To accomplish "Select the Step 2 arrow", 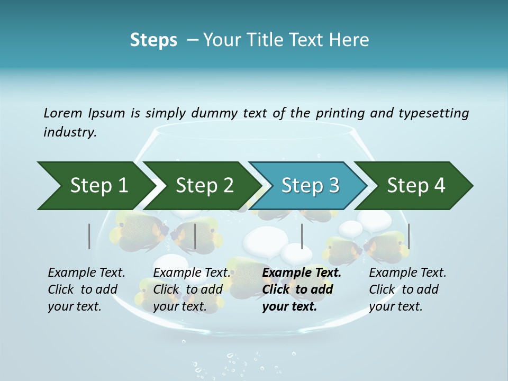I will tap(204, 186).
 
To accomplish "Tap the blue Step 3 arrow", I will tap(310, 186).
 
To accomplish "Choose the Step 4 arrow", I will tap(416, 186).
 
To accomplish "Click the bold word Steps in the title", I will tap(153, 40).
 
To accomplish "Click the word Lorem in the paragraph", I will tap(63, 113).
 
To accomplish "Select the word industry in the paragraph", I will tap(69, 132).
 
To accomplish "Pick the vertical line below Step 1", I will tap(89, 236).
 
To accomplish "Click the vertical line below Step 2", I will tap(195, 236).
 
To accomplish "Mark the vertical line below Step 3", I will tap(302, 236).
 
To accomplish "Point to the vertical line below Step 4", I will tap(409, 236).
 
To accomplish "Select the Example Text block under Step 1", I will tap(86, 289).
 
